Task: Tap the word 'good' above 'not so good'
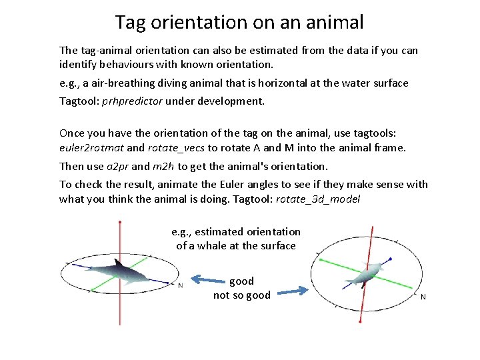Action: pos(241,281)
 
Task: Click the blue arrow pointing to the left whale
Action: pos(206,281)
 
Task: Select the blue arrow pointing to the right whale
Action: pos(291,291)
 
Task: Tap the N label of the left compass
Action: pos(180,285)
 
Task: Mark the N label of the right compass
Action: pos(423,297)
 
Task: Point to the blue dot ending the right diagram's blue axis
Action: pos(390,259)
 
